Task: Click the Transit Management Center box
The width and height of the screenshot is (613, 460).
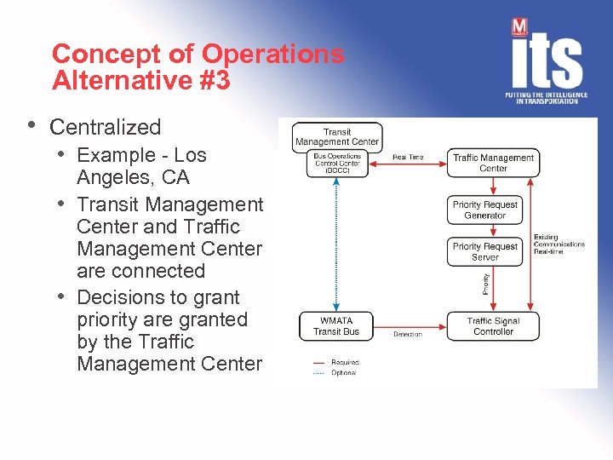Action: click(x=337, y=136)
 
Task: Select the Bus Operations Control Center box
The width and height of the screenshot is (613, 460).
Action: click(x=337, y=163)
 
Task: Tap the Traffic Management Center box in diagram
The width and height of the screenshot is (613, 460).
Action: click(x=493, y=163)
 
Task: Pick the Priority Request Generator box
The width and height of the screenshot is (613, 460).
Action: click(x=484, y=210)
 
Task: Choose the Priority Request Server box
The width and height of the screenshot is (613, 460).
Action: click(x=484, y=251)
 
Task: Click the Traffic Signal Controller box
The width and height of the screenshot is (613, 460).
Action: click(x=493, y=326)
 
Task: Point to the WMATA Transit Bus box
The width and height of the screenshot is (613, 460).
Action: click(x=336, y=326)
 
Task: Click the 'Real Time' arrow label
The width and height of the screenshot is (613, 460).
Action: click(x=408, y=158)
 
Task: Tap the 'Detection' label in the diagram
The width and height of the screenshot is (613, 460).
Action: click(x=408, y=335)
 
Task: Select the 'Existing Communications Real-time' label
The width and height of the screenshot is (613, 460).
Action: click(x=559, y=244)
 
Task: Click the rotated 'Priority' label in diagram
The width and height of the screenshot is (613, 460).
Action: click(x=486, y=284)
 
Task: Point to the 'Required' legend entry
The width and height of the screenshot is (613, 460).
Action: click(x=345, y=362)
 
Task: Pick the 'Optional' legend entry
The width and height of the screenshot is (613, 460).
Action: click(x=344, y=372)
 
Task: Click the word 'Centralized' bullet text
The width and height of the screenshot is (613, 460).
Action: click(x=106, y=128)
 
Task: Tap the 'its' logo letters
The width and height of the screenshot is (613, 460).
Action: click(x=547, y=60)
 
